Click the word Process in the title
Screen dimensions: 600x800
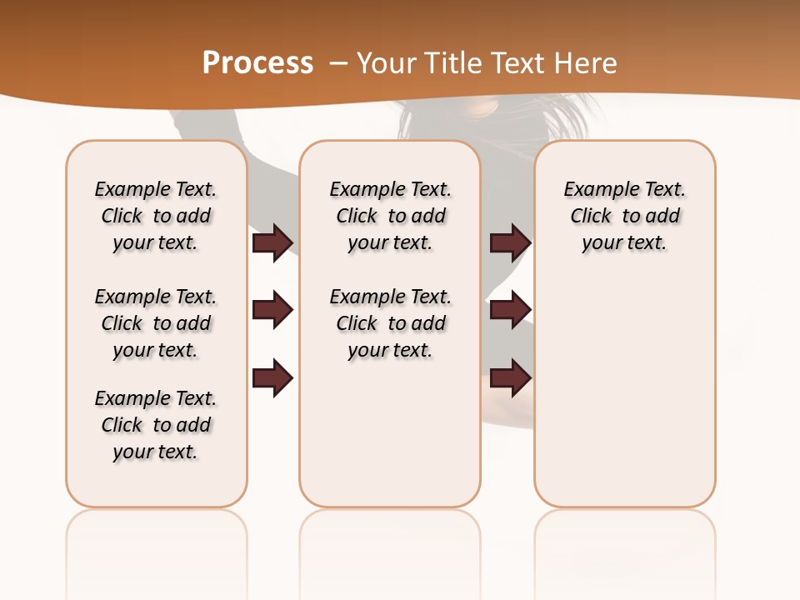(257, 62)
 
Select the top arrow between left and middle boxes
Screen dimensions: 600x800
(272, 242)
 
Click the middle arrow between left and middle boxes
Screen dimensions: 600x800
(272, 310)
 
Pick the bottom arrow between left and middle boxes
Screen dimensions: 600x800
(272, 377)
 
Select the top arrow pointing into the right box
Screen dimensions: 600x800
(510, 242)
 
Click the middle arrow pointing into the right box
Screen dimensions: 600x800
(510, 310)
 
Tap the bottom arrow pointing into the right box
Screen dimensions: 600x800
(510, 377)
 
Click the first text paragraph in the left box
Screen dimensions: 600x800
(156, 216)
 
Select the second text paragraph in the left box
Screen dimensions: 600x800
(156, 323)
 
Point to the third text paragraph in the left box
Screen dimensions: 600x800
(156, 425)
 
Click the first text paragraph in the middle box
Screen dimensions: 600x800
(390, 216)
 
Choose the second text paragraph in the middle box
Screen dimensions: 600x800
(390, 323)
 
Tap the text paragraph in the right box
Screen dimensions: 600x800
(624, 216)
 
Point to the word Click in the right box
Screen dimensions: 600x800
(591, 217)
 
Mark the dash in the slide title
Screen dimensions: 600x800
(338, 62)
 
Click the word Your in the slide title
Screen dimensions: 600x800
(382, 62)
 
